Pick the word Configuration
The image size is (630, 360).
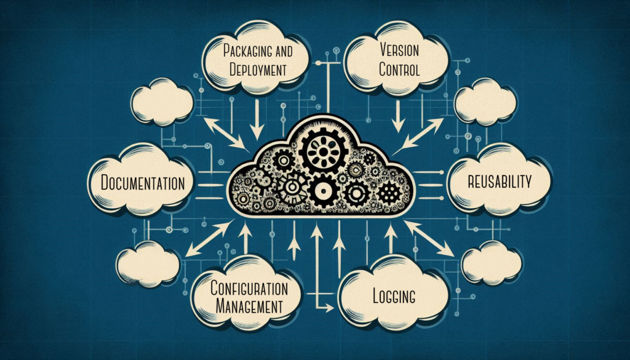pyautogui.click(x=245, y=287)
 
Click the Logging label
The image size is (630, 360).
pyautogui.click(x=394, y=296)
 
